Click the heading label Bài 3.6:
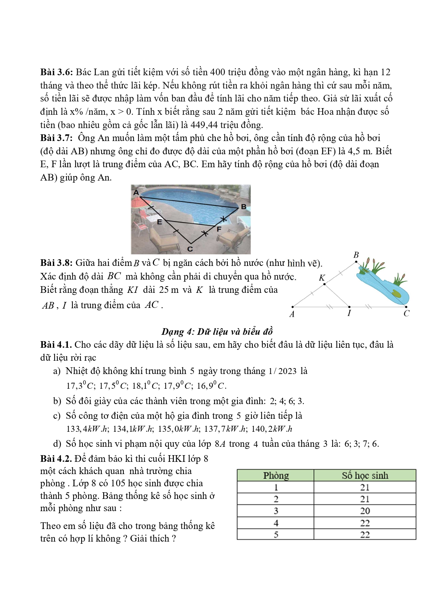coord(56,72)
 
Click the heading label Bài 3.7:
coord(56,138)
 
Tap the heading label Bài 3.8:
coord(56,263)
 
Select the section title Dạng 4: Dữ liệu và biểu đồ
coord(217,332)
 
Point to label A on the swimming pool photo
coord(136,192)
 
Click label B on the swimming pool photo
coord(244,207)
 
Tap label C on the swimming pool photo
coord(190,249)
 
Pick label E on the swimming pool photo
coord(159,222)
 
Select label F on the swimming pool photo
coord(219,230)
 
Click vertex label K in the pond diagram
coord(322,278)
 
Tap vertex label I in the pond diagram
coord(349,313)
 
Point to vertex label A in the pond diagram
coord(292,314)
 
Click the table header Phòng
coord(276,475)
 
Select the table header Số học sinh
coord(365,475)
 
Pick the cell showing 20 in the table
coord(365,511)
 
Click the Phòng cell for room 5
coord(276,535)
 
